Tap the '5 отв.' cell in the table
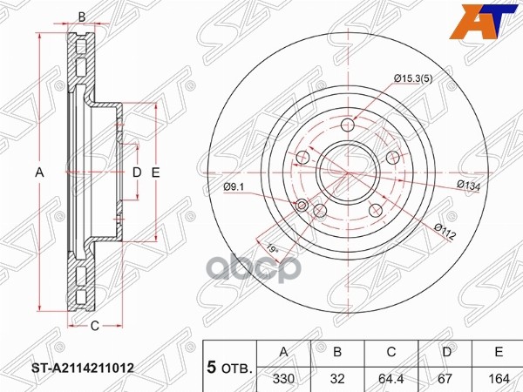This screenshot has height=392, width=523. click(228, 368)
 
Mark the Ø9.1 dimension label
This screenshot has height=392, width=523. click(234, 186)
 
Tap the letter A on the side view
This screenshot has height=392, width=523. click(39, 172)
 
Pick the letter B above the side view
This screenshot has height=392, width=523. click(82, 17)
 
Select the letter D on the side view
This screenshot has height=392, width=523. click(136, 172)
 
